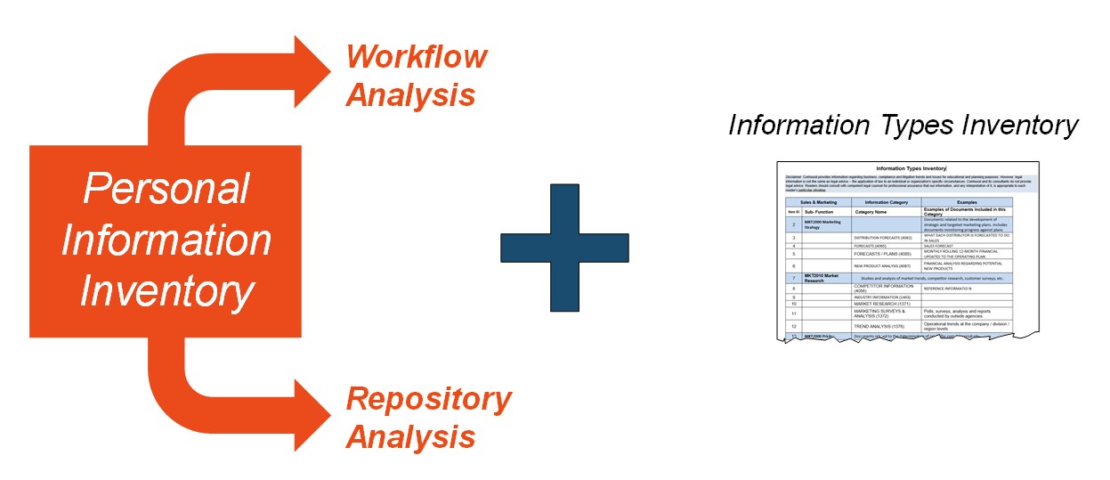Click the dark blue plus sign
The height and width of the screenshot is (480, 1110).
click(x=564, y=248)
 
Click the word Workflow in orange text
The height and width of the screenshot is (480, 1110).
click(x=417, y=57)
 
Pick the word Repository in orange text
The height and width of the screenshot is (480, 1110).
click(x=429, y=400)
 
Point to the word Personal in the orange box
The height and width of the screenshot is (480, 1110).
click(x=166, y=189)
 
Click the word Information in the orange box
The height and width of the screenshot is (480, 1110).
click(x=166, y=240)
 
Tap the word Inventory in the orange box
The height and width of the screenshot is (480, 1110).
click(x=166, y=292)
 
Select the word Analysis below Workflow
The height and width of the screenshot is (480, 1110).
click(x=410, y=94)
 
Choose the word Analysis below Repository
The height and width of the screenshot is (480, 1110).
click(x=410, y=437)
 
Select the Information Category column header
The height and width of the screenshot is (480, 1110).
click(x=886, y=202)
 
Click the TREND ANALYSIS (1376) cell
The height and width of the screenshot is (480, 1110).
click(x=882, y=327)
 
